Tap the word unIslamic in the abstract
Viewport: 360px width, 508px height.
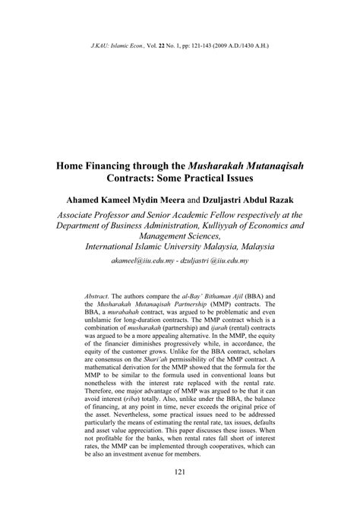90,321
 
